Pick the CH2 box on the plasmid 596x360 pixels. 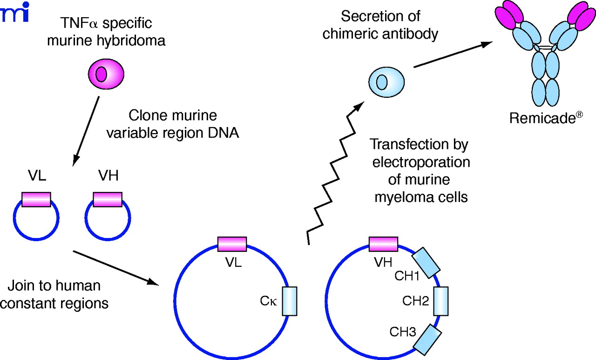pyautogui.click(x=440, y=301)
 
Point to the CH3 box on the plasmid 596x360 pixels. pyautogui.click(x=427, y=340)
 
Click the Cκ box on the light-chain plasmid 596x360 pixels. pyautogui.click(x=290, y=301)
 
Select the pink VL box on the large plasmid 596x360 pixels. pyautogui.click(x=232, y=244)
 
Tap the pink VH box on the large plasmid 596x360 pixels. pyautogui.click(x=383, y=244)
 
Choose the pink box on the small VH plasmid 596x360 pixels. pyautogui.click(x=108, y=200)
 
